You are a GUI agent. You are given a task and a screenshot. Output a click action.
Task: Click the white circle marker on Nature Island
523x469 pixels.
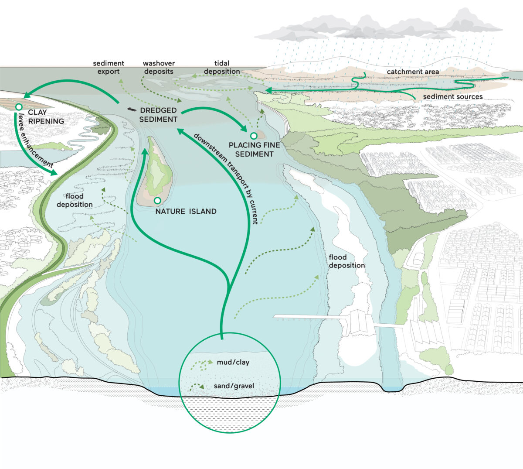[157, 200]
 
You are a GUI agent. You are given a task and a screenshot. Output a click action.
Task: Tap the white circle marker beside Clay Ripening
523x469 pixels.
[19, 107]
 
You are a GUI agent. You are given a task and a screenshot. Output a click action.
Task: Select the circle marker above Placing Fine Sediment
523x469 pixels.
[254, 136]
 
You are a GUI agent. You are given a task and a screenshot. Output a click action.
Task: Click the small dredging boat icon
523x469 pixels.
[132, 110]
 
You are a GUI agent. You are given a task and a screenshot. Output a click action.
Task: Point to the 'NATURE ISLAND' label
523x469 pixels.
[186, 211]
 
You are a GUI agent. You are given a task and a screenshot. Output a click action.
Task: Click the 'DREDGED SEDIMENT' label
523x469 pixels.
[159, 115]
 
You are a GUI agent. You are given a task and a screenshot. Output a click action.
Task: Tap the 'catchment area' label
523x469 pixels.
[413, 72]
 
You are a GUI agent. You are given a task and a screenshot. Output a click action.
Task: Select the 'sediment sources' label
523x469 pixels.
[453, 96]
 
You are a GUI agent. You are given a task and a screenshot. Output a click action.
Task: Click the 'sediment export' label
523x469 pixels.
[109, 67]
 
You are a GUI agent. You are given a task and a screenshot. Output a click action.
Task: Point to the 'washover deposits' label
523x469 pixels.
[159, 67]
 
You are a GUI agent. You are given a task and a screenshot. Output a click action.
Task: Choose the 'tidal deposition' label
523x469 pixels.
[222, 67]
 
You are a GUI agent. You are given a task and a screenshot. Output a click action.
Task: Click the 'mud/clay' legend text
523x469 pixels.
[233, 362]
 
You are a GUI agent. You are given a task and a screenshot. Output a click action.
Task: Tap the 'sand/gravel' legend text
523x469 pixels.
[234, 386]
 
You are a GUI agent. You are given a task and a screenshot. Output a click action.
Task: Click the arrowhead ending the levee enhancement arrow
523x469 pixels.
[54, 172]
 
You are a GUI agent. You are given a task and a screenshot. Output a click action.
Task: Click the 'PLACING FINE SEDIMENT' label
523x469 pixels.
[254, 150]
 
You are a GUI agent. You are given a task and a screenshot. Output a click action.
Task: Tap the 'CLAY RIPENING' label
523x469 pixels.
[46, 116]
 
